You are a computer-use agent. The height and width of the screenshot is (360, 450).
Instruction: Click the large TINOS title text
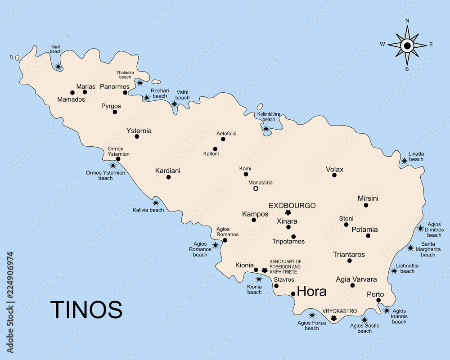point(86,310)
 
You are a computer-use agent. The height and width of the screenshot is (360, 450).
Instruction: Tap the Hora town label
point(312,292)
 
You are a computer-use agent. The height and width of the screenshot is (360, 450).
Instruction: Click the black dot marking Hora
point(293,294)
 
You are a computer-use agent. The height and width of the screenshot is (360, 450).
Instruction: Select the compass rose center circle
point(407,45)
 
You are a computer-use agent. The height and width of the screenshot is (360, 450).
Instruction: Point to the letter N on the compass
point(407,21)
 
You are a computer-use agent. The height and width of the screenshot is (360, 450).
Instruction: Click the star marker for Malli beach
point(58,67)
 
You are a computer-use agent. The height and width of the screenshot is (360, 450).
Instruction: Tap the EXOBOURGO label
point(292,206)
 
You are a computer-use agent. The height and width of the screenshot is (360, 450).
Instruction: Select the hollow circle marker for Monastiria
point(256,189)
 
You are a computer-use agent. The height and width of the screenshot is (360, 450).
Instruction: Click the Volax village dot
point(334,175)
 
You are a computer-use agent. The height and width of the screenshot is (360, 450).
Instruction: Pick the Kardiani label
point(167,171)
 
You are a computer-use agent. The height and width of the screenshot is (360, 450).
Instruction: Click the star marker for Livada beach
point(404,161)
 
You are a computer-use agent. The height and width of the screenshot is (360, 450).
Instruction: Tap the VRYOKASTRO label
point(340,311)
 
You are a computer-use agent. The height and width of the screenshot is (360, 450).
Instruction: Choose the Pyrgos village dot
point(115,112)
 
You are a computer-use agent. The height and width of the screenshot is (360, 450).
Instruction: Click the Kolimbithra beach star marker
point(266,129)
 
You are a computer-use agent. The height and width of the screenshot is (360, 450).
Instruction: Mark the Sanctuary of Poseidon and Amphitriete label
point(285,267)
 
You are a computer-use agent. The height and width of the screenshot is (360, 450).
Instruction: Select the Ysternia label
point(139,131)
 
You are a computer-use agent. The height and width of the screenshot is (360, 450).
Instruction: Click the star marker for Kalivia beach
point(156,203)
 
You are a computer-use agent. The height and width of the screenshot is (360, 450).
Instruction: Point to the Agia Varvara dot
point(352,285)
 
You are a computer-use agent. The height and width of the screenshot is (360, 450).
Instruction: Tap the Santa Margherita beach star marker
point(410,248)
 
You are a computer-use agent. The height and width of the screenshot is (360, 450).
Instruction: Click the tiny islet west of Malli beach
point(17,58)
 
